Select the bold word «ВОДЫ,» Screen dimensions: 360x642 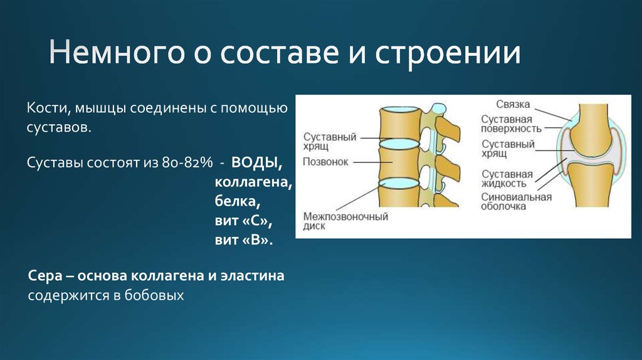255,163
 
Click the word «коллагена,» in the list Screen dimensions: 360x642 254,183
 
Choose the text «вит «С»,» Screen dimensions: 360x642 245,221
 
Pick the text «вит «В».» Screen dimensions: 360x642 245,241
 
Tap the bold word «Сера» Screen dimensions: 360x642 45,276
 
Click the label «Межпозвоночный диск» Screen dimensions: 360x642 345,221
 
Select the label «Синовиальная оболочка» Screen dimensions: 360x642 516,201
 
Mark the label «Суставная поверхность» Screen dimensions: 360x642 511,124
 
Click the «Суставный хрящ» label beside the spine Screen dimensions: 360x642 330,140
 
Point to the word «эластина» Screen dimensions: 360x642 254,276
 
